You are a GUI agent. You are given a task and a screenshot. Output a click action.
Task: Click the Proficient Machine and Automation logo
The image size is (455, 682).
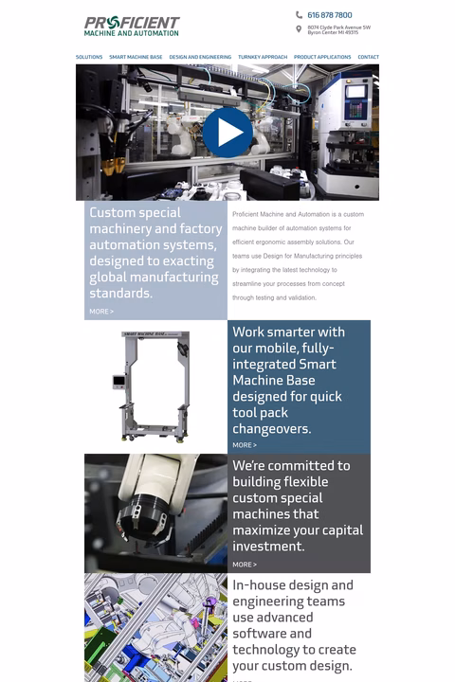pos(132,26)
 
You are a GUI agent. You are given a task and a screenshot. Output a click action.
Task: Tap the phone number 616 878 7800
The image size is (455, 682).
pos(329,15)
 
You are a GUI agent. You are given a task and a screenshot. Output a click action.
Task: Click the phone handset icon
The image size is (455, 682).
pos(300,15)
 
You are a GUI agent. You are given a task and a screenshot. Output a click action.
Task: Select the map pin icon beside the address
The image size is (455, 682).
pos(300,29)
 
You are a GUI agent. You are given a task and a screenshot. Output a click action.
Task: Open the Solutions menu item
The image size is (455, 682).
pos(89,57)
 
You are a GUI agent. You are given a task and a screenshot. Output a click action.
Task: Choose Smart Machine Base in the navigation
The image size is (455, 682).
pos(136,57)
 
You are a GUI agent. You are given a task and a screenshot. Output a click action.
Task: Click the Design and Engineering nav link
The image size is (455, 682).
pos(200,57)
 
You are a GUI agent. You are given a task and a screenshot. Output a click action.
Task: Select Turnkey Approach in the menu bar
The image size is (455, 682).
pos(263,57)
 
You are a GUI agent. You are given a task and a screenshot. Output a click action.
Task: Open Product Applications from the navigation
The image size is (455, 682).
pos(322,57)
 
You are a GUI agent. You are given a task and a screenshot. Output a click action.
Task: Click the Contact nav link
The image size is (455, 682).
pos(368,57)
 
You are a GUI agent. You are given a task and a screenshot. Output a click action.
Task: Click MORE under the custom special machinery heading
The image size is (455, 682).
pos(101,311)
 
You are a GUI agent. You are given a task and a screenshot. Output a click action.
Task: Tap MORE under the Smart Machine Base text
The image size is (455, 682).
pos(245,445)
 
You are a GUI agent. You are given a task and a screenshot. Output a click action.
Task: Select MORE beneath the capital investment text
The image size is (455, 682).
pos(245,565)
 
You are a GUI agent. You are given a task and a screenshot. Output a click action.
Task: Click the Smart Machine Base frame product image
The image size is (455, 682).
pos(155,386)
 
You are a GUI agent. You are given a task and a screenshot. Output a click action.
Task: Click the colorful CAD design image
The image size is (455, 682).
pos(155,627)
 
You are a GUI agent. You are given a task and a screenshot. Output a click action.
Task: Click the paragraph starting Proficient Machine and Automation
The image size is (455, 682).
pos(298,256)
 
